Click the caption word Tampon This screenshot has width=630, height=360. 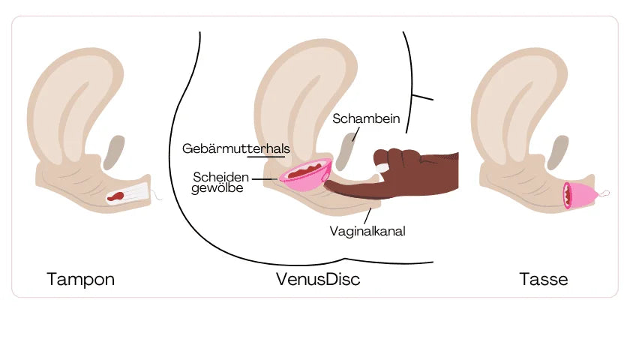80,280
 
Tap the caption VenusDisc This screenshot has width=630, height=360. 317,280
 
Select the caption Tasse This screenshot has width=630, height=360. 543,280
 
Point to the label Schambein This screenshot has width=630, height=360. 366,118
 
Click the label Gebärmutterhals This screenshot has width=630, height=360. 235,148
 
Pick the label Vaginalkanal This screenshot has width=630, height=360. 367,231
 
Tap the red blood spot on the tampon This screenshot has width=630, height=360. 116,197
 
